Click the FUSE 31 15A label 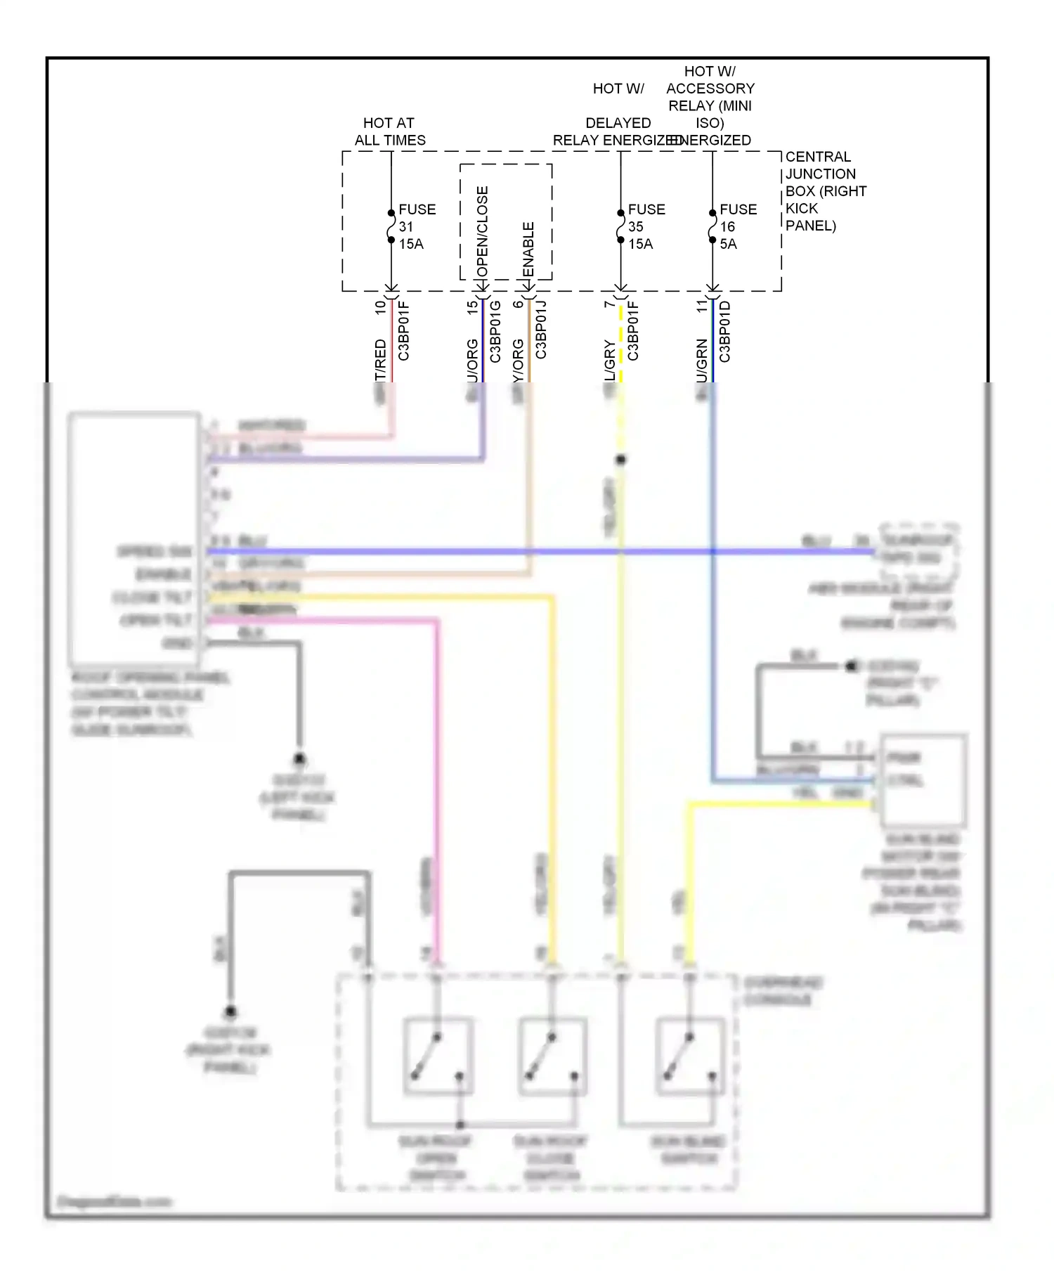click(416, 226)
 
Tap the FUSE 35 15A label click(645, 226)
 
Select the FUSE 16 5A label click(736, 226)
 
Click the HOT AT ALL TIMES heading click(389, 131)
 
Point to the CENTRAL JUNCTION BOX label click(825, 190)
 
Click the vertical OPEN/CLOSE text click(482, 232)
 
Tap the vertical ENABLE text click(528, 250)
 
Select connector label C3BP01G click(495, 331)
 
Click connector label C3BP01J click(541, 330)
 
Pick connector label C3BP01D click(725, 331)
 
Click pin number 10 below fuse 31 click(380, 307)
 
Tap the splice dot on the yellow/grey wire click(620, 460)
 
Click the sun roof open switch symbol click(438, 1056)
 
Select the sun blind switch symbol click(690, 1056)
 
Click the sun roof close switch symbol click(552, 1056)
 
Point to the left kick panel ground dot click(299, 759)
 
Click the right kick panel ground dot click(230, 1012)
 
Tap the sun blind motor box click(923, 780)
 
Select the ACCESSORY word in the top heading click(710, 89)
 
